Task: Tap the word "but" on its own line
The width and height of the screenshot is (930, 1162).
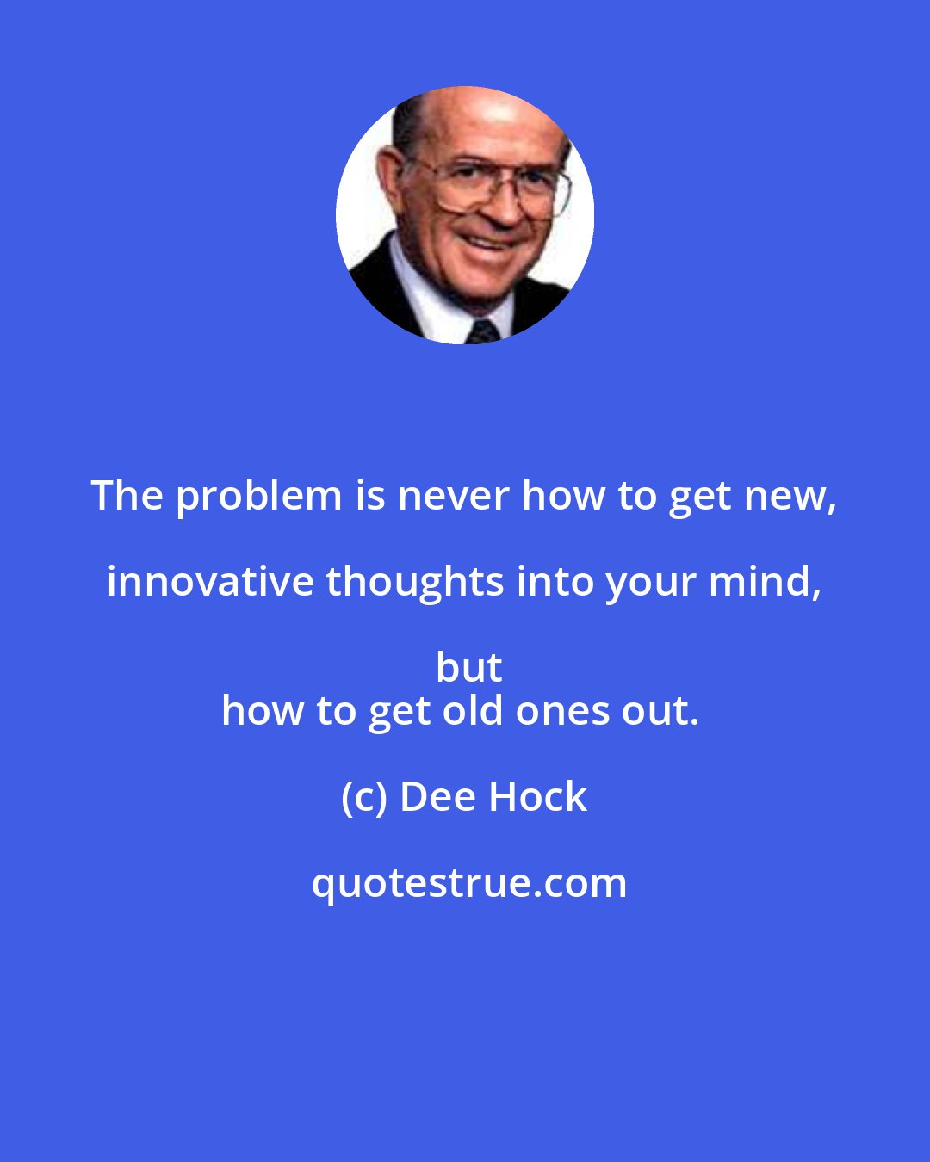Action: (469, 667)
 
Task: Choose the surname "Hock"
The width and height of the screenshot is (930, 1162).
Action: (539, 797)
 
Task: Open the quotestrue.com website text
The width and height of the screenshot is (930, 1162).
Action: (469, 884)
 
